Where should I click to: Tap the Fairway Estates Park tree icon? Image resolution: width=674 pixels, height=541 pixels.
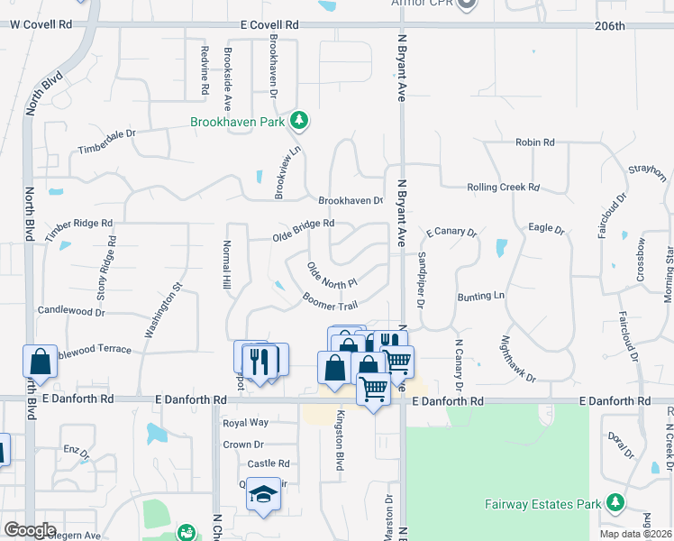pyautogui.click(x=615, y=501)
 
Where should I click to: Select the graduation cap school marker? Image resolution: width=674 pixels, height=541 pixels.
pyautogui.click(x=263, y=495)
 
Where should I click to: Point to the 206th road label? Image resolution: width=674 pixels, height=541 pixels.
pyautogui.click(x=610, y=26)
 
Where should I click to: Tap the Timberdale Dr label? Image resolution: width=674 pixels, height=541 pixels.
pyautogui.click(x=106, y=142)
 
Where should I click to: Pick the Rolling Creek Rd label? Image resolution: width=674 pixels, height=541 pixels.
pyautogui.click(x=503, y=188)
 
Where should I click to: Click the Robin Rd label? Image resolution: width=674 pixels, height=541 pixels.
pyautogui.click(x=534, y=142)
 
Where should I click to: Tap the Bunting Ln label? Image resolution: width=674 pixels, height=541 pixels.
pyautogui.click(x=481, y=296)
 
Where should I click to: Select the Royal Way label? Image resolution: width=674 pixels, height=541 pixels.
pyautogui.click(x=245, y=422)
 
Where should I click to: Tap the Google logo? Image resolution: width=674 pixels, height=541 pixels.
pyautogui.click(x=29, y=529)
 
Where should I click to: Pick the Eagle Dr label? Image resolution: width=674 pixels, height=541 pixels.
pyautogui.click(x=545, y=230)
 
